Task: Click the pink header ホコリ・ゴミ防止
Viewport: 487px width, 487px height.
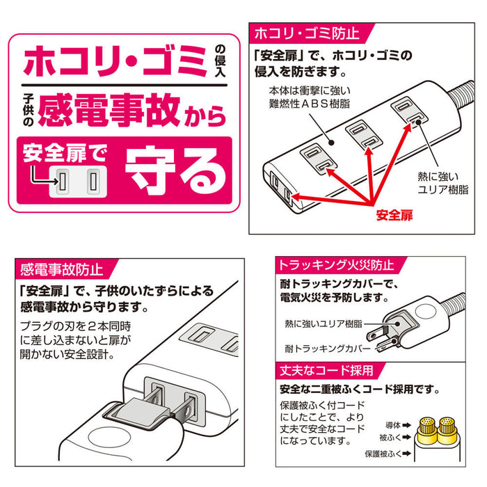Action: (306, 33)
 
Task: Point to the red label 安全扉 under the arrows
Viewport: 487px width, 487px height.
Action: (394, 215)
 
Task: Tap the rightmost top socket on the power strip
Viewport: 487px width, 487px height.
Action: (408, 111)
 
